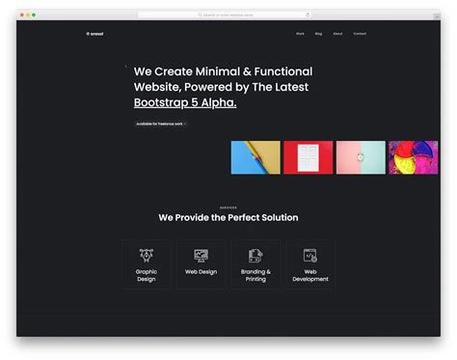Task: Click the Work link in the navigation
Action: (300, 34)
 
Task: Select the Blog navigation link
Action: (318, 34)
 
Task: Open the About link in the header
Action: (337, 34)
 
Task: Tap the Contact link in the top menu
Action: (360, 34)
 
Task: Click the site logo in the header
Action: (94, 34)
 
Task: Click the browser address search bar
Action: (228, 14)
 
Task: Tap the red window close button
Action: (21, 14)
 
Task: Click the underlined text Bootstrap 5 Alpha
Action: (184, 101)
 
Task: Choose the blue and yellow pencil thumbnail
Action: (255, 157)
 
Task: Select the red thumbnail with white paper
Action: (308, 157)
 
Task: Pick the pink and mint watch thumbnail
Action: (361, 157)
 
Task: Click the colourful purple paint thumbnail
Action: (413, 157)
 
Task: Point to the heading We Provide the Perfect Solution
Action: (228, 217)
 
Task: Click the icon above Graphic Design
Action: (147, 255)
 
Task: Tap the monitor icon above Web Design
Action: (201, 255)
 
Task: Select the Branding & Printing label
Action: (255, 275)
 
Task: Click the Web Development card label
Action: (310, 275)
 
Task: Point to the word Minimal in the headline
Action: (208, 71)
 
